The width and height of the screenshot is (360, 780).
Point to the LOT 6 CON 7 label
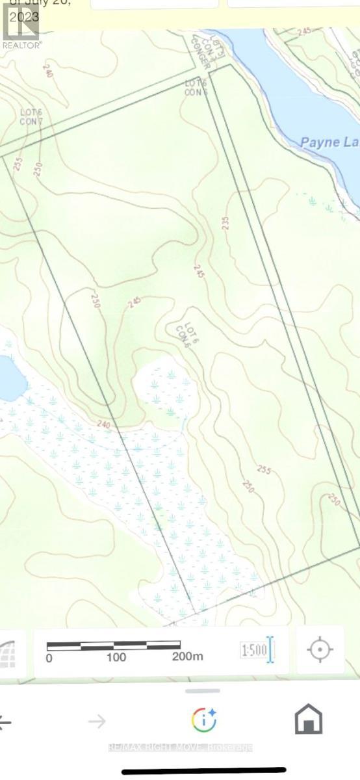[31, 117]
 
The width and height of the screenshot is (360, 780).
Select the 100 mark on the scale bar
[116, 657]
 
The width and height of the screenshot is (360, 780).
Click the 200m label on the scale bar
[188, 656]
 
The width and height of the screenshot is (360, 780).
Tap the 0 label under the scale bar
[49, 657]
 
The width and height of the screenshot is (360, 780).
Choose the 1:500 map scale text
[254, 650]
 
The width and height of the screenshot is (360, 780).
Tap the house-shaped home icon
[309, 720]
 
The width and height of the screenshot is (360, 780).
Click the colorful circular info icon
[204, 720]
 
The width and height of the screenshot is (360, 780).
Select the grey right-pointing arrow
[97, 720]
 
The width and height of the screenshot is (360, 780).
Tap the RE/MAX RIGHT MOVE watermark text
[180, 747]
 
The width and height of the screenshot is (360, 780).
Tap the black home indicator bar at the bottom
[204, 771]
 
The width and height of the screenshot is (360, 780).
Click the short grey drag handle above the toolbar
[203, 691]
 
